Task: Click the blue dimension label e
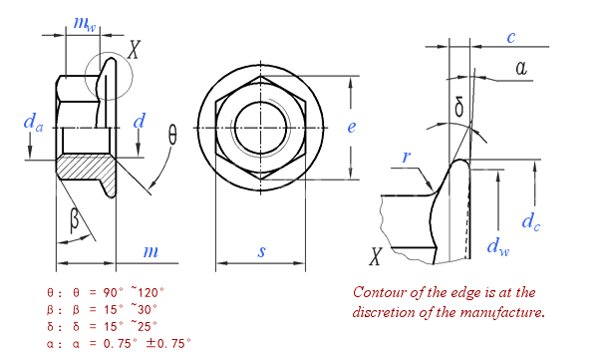351,127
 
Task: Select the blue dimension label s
261,251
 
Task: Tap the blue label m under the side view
150,252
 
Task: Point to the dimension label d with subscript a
33,123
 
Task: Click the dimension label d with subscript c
531,221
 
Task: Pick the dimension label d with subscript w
498,247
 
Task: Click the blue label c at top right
511,38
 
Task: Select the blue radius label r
407,157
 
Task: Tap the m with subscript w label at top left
85,24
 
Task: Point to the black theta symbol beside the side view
172,136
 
